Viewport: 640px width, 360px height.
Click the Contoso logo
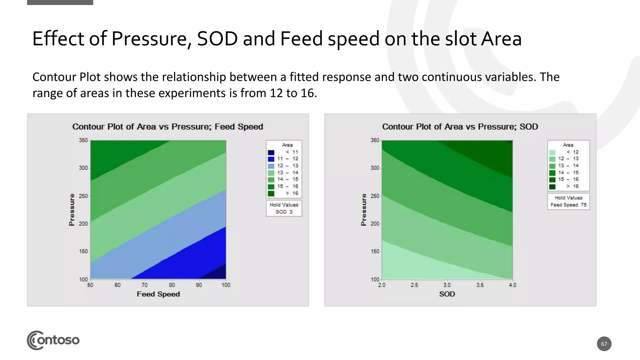(x=53, y=340)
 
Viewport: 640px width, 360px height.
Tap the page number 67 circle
(x=604, y=344)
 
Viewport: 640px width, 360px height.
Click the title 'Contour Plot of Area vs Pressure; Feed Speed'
(x=167, y=127)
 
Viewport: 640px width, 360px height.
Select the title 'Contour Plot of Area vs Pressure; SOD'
(x=460, y=127)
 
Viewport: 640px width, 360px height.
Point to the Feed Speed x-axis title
(x=158, y=294)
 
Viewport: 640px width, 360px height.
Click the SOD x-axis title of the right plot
(x=447, y=294)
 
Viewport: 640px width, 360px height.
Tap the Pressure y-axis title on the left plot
(x=72, y=209)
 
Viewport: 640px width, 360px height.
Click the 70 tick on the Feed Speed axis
(x=144, y=285)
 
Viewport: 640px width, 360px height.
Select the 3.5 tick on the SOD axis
(x=480, y=285)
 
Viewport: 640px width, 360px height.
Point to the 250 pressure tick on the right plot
(x=375, y=196)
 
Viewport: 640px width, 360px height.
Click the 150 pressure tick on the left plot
(x=83, y=252)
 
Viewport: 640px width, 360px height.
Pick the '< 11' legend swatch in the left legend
(x=271, y=152)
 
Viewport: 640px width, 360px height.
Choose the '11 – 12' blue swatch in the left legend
(x=271, y=159)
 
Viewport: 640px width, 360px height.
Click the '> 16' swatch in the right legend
(x=552, y=187)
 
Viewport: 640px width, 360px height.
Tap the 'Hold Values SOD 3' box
(x=284, y=208)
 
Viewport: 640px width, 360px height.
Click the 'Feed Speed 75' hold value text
(x=568, y=205)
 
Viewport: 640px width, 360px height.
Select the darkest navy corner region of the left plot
(x=219, y=273)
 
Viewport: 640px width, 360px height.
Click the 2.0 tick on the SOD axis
(x=382, y=285)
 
